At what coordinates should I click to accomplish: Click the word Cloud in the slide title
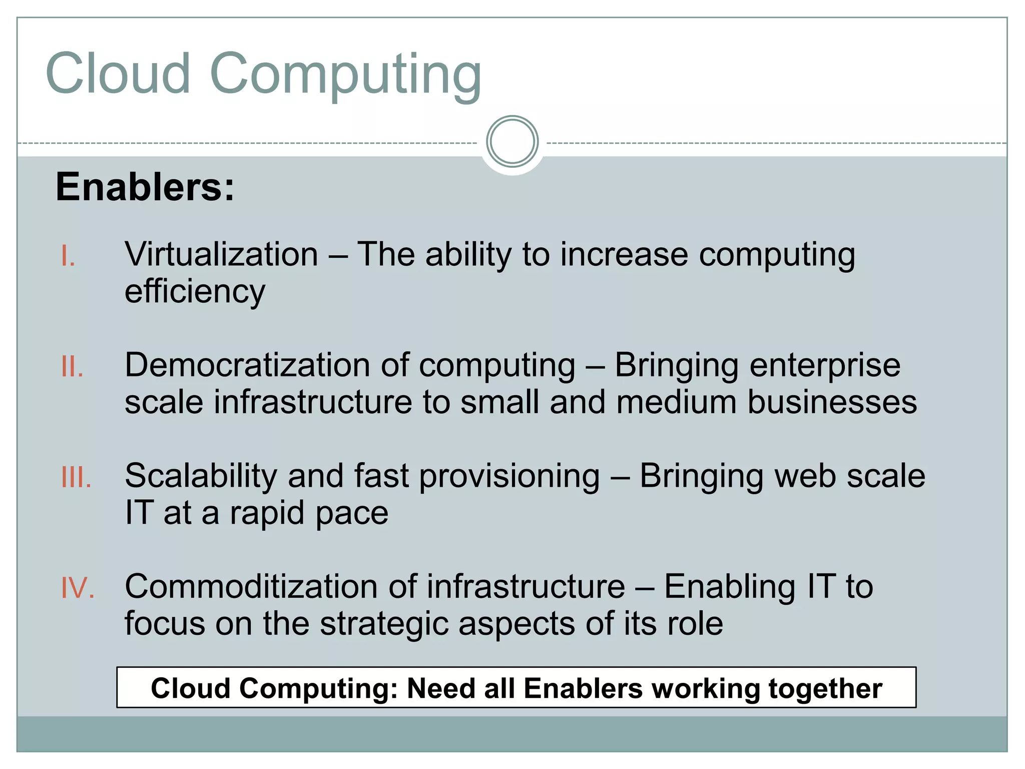[118, 74]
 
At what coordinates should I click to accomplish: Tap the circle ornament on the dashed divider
[512, 141]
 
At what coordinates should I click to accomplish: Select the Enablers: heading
[145, 187]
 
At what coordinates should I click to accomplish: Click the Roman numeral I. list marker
[68, 256]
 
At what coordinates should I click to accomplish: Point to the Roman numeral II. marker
[72, 366]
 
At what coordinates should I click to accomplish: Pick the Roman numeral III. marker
[76, 477]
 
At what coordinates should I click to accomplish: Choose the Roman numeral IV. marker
[78, 588]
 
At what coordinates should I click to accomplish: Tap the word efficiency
[195, 291]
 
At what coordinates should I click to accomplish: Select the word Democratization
[247, 365]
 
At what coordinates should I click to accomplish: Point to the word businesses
[832, 402]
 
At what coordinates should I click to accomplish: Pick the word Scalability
[201, 476]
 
